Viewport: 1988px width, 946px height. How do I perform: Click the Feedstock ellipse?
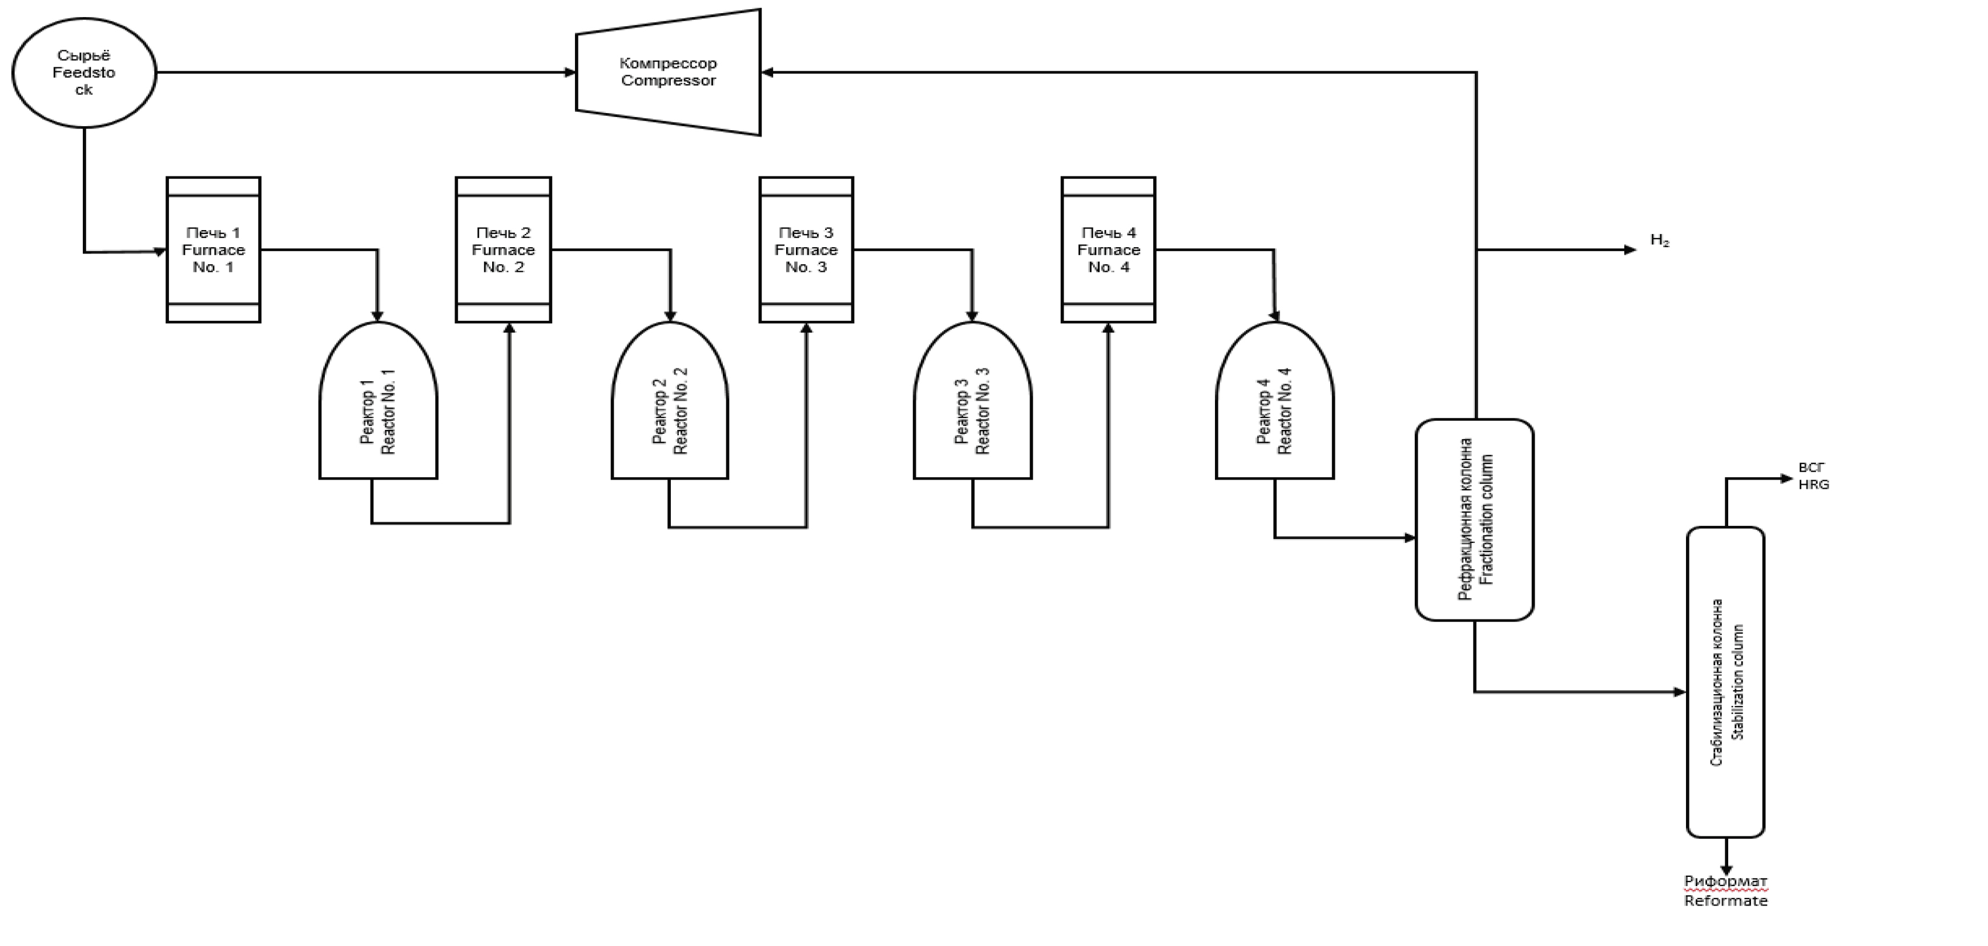coord(84,73)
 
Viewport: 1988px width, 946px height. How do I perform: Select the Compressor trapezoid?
coord(669,73)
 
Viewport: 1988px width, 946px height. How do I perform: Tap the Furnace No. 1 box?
coord(214,249)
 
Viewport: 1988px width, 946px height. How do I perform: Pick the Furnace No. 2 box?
coord(503,249)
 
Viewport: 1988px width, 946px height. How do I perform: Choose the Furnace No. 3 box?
coord(807,249)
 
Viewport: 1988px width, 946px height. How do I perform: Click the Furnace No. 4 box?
coord(1108,249)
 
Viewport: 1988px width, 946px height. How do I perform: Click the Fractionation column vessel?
coord(1475,520)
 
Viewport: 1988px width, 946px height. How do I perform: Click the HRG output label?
coord(1814,485)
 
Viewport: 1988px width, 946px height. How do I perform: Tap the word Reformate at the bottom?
coord(1725,900)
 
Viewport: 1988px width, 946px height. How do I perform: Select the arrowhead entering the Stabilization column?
coord(1680,692)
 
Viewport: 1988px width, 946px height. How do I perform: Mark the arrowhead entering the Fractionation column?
coord(1410,538)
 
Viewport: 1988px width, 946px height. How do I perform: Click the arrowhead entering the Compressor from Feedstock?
coord(570,73)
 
